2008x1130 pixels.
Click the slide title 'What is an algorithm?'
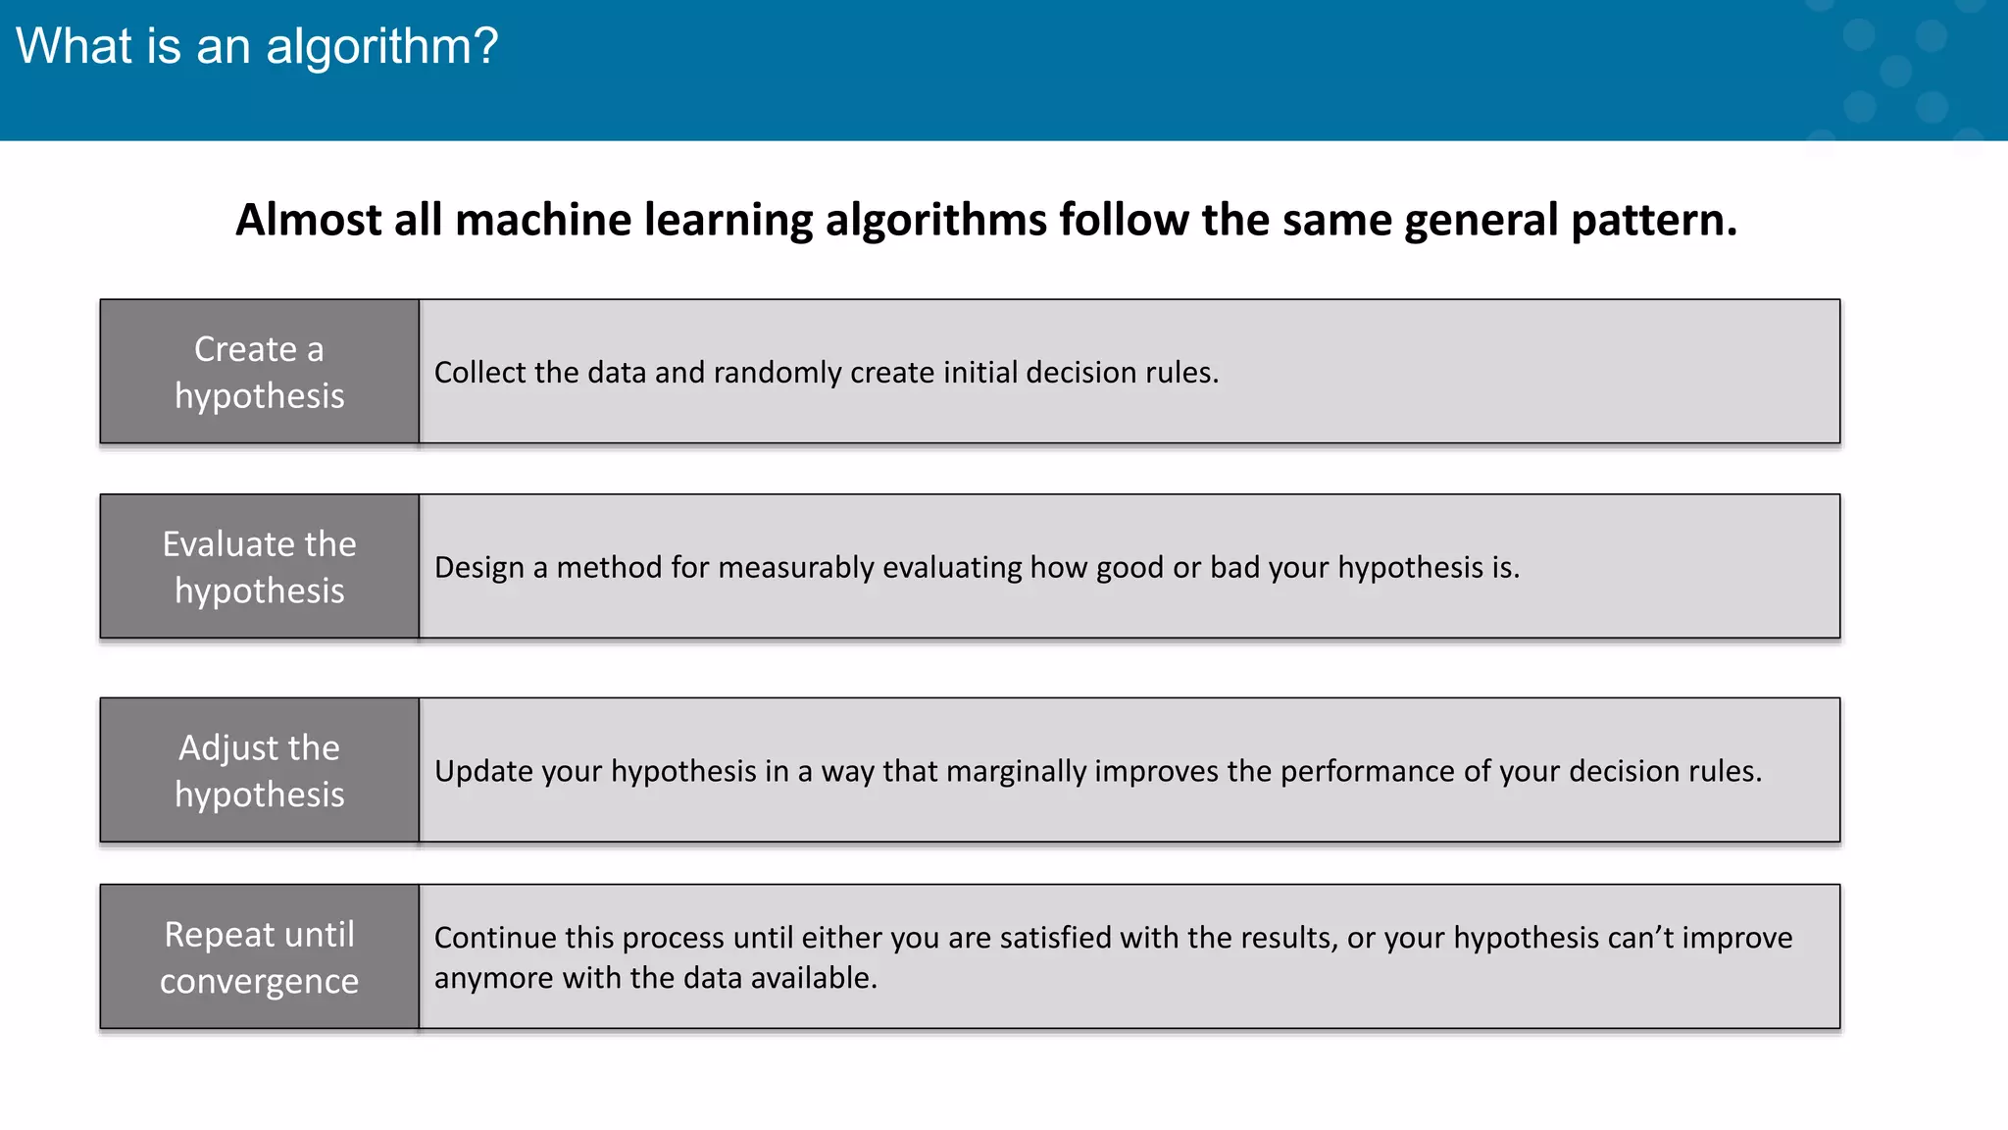(x=257, y=46)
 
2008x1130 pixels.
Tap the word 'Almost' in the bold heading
(x=308, y=220)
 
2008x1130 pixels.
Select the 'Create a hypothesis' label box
(x=260, y=372)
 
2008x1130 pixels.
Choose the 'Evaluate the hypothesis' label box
(x=260, y=567)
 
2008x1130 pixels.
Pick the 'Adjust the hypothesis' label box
(x=260, y=770)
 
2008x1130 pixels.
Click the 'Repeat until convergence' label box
(x=260, y=956)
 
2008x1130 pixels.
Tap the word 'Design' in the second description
(x=478, y=568)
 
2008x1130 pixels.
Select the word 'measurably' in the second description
(x=795, y=568)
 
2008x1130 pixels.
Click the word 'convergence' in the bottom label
(x=260, y=981)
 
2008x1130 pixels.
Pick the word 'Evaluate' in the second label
(x=219, y=543)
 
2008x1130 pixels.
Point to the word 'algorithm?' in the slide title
(x=382, y=46)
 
